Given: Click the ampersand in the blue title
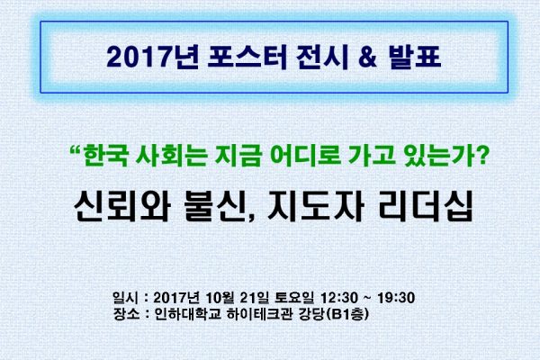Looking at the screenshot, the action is [368, 58].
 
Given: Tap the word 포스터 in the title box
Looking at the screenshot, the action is [247, 58].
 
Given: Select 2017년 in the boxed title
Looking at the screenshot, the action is [152, 58].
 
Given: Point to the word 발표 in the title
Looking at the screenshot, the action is [415, 58].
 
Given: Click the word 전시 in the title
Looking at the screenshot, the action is [322, 58].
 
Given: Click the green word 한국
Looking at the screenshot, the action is [106, 156].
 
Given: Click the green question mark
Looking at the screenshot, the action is [482, 156].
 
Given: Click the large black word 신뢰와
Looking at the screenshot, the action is [121, 207].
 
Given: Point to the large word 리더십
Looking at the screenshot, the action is [425, 207].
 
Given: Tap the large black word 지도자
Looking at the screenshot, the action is [316, 207].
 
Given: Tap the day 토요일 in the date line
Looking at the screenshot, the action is [294, 298].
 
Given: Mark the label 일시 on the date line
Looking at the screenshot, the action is [126, 298].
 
